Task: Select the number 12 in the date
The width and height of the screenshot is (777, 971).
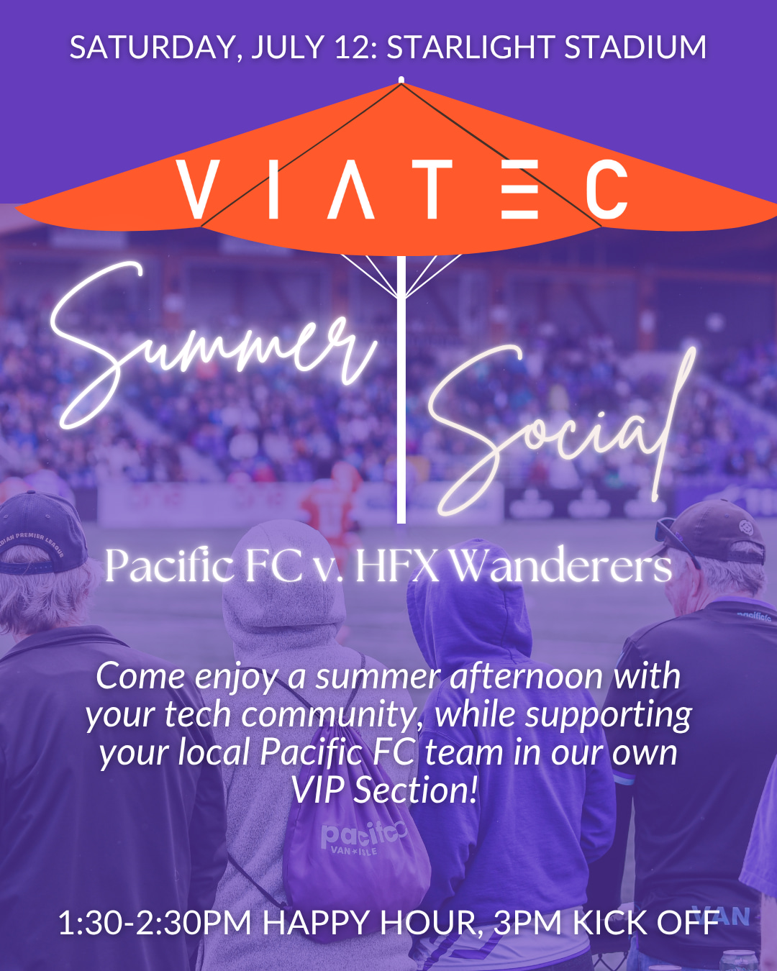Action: click(353, 47)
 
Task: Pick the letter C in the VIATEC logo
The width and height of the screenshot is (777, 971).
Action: click(606, 189)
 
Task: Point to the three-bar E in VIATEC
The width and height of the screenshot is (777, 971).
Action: click(519, 189)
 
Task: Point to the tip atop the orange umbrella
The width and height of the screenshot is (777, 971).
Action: click(401, 80)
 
